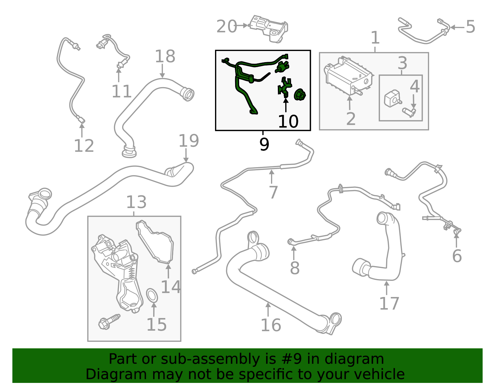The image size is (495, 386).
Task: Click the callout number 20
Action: click(226, 27)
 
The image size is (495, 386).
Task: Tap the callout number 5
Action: click(470, 27)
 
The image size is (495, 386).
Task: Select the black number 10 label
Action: click(288, 121)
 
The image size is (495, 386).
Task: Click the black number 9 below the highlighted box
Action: click(264, 144)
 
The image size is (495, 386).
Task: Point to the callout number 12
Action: click(84, 146)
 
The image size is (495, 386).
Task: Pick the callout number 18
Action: click(165, 57)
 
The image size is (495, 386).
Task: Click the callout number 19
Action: click(189, 141)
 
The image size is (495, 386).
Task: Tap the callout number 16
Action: click(271, 325)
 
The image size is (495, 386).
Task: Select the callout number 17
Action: click(389, 303)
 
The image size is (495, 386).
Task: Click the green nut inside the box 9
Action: click(299, 95)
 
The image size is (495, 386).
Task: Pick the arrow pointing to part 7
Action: click(272, 177)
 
